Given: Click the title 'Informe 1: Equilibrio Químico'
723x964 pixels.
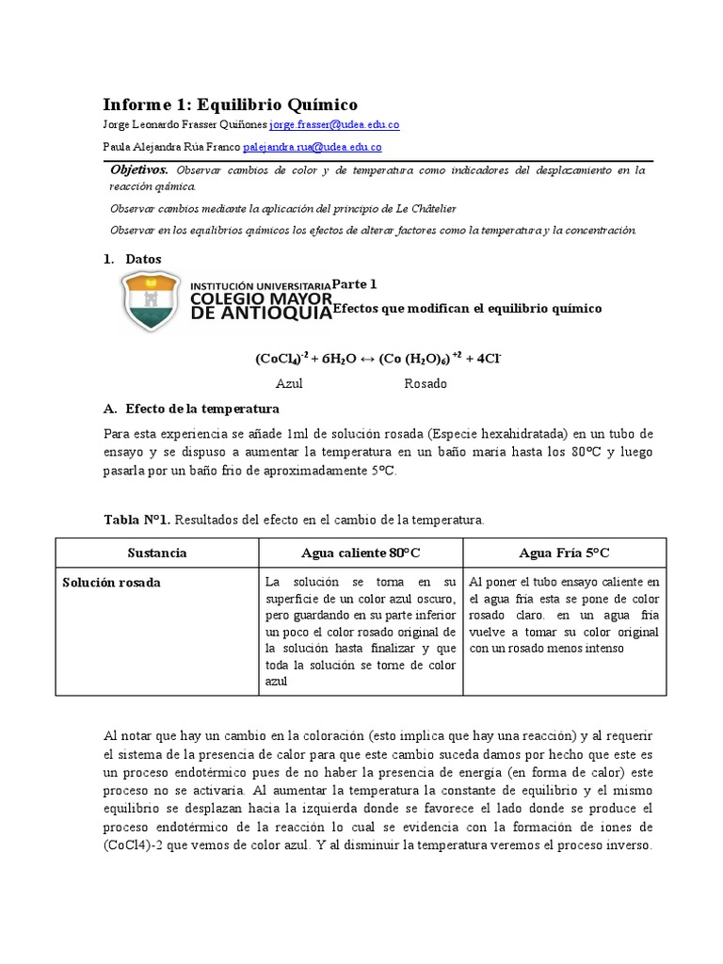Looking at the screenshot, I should pos(230,104).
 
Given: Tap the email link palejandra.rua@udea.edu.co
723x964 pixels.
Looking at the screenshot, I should pos(312,147).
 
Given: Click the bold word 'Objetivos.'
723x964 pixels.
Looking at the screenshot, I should pos(139,170).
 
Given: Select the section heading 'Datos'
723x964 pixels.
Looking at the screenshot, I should pos(143,259).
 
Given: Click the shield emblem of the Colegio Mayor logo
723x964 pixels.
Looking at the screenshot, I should pos(151,301).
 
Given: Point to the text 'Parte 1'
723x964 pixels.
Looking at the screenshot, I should pos(355,283).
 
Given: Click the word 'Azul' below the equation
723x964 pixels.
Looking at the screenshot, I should pos(289,384).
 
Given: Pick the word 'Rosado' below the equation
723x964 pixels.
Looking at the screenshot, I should pos(426,384).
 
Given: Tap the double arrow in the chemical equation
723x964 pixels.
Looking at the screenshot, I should pos(363,359).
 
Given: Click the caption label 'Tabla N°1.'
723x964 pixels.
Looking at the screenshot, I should pos(137,519).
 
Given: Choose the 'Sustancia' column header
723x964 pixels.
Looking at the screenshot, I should pos(157,553).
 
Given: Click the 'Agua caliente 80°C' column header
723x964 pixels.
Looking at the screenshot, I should pos(361,553).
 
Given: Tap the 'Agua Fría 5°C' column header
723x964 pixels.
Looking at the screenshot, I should pos(564,553).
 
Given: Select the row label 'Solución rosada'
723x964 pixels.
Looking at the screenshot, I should pos(112,583).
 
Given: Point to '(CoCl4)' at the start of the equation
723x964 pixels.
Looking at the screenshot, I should pos(278,359).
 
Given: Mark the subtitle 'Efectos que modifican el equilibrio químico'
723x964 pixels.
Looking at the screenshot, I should pos(467,309).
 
